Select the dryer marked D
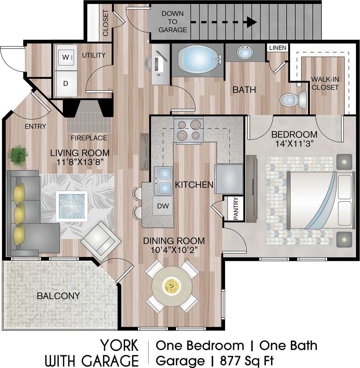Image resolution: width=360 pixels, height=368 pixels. [x=66, y=83]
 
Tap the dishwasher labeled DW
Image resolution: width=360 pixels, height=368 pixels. [x=163, y=206]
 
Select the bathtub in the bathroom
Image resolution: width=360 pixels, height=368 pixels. [x=198, y=59]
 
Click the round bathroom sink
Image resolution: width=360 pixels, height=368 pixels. [x=245, y=52]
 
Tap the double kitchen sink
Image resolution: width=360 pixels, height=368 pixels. [x=164, y=181]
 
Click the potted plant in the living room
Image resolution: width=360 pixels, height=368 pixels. [x=17, y=156]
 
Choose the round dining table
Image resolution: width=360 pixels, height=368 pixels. [x=172, y=285]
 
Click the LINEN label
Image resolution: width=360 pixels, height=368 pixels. [x=278, y=48]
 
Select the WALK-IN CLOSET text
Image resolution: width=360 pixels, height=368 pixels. [x=325, y=83]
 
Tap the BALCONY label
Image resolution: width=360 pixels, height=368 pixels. [x=58, y=296]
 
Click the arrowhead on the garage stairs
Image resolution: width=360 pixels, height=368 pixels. [x=251, y=22]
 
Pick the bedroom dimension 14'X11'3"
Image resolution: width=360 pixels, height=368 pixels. [x=294, y=143]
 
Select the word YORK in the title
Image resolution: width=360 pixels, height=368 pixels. [x=119, y=346]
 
